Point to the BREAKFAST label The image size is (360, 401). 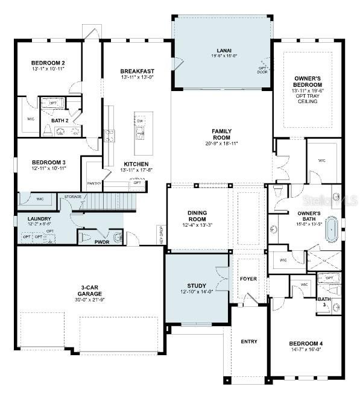pos(137,71)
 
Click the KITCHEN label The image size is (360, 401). pos(137,164)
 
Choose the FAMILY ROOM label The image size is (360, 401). pos(221,134)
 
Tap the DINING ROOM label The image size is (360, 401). pos(197,216)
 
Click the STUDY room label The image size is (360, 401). pos(197,286)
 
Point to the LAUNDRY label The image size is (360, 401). pos(31,219)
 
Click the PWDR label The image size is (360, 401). pos(102,241)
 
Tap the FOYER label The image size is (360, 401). pos(248,279)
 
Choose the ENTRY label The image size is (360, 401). pos(249,341)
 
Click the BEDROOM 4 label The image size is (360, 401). pos(306,343)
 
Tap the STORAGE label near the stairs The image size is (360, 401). pos(72,196)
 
